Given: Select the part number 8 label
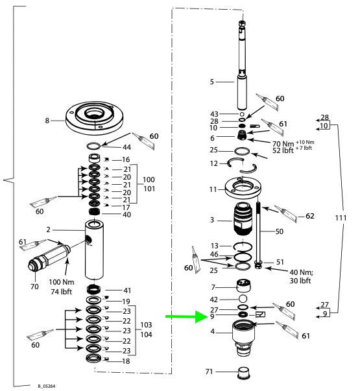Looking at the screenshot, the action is pos(47,121).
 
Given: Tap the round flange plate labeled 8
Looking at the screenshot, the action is pos(94,118).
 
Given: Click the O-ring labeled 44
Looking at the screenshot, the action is pos(94,146).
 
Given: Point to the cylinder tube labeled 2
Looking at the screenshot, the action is pos(94,250).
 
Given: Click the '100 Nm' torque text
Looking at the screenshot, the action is pos(62,282).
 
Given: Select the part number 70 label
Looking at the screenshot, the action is pos(34,287).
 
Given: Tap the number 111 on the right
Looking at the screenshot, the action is pos(341,218).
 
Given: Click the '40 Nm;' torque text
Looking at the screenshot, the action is pos(302,272).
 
